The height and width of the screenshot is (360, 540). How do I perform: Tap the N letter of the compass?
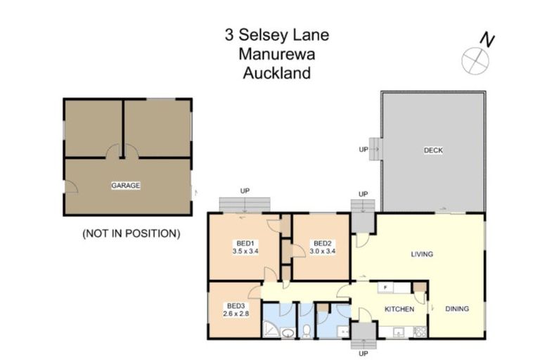coord(485,40)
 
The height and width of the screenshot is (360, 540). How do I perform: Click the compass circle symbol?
coord(475,60)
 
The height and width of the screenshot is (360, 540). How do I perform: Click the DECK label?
coord(433,150)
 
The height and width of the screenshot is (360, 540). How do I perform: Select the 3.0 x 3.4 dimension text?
coord(323,250)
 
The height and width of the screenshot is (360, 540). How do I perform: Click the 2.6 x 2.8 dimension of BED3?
coord(236,314)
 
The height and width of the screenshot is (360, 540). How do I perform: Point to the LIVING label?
coord(422,254)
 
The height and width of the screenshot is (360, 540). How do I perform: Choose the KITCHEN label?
coord(399,309)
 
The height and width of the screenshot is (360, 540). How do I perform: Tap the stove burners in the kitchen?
coord(419,331)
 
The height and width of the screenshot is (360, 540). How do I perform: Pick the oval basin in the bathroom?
coord(287,333)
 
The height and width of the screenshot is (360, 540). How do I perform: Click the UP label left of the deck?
coord(364,150)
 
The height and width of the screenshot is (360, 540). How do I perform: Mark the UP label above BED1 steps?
coord(245,191)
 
